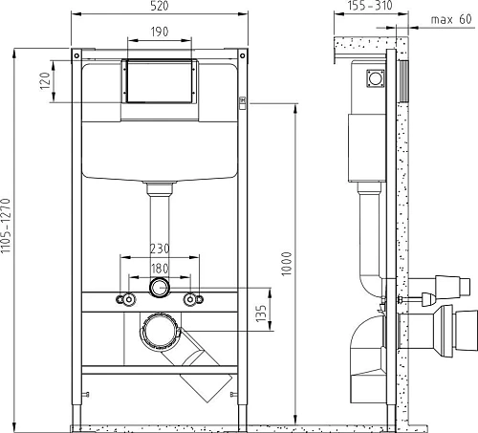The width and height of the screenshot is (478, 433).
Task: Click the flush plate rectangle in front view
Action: click(x=159, y=82)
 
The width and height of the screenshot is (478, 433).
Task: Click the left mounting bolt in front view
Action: click(x=123, y=299)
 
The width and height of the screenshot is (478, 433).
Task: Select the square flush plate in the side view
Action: click(x=373, y=82)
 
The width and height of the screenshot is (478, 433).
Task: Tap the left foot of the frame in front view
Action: click(x=78, y=420)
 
